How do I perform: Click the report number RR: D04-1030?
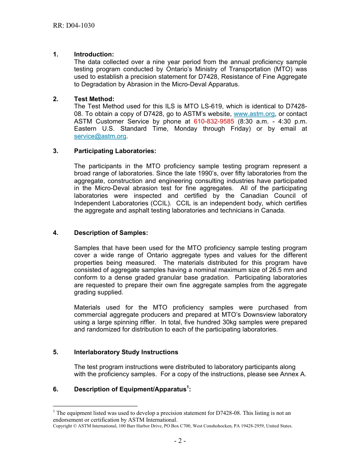point(74,26)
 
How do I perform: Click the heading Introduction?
point(94,55)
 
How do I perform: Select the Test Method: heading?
point(94,99)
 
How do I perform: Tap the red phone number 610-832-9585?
point(214,122)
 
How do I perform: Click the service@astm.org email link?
point(100,136)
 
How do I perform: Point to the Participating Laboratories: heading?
point(115,151)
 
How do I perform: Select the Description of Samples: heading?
point(111,233)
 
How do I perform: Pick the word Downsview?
point(258,315)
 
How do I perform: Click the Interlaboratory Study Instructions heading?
point(126,352)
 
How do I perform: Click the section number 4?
point(55,233)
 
